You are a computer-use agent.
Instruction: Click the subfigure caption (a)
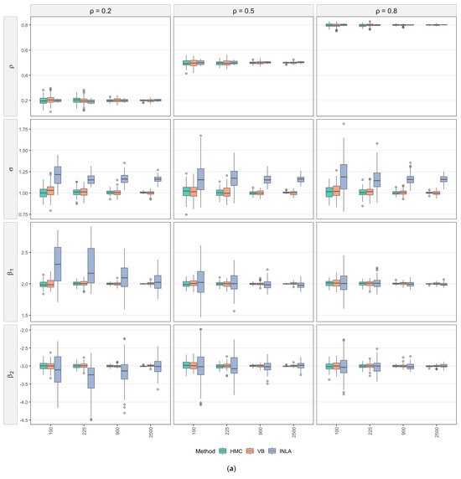[230, 470]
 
